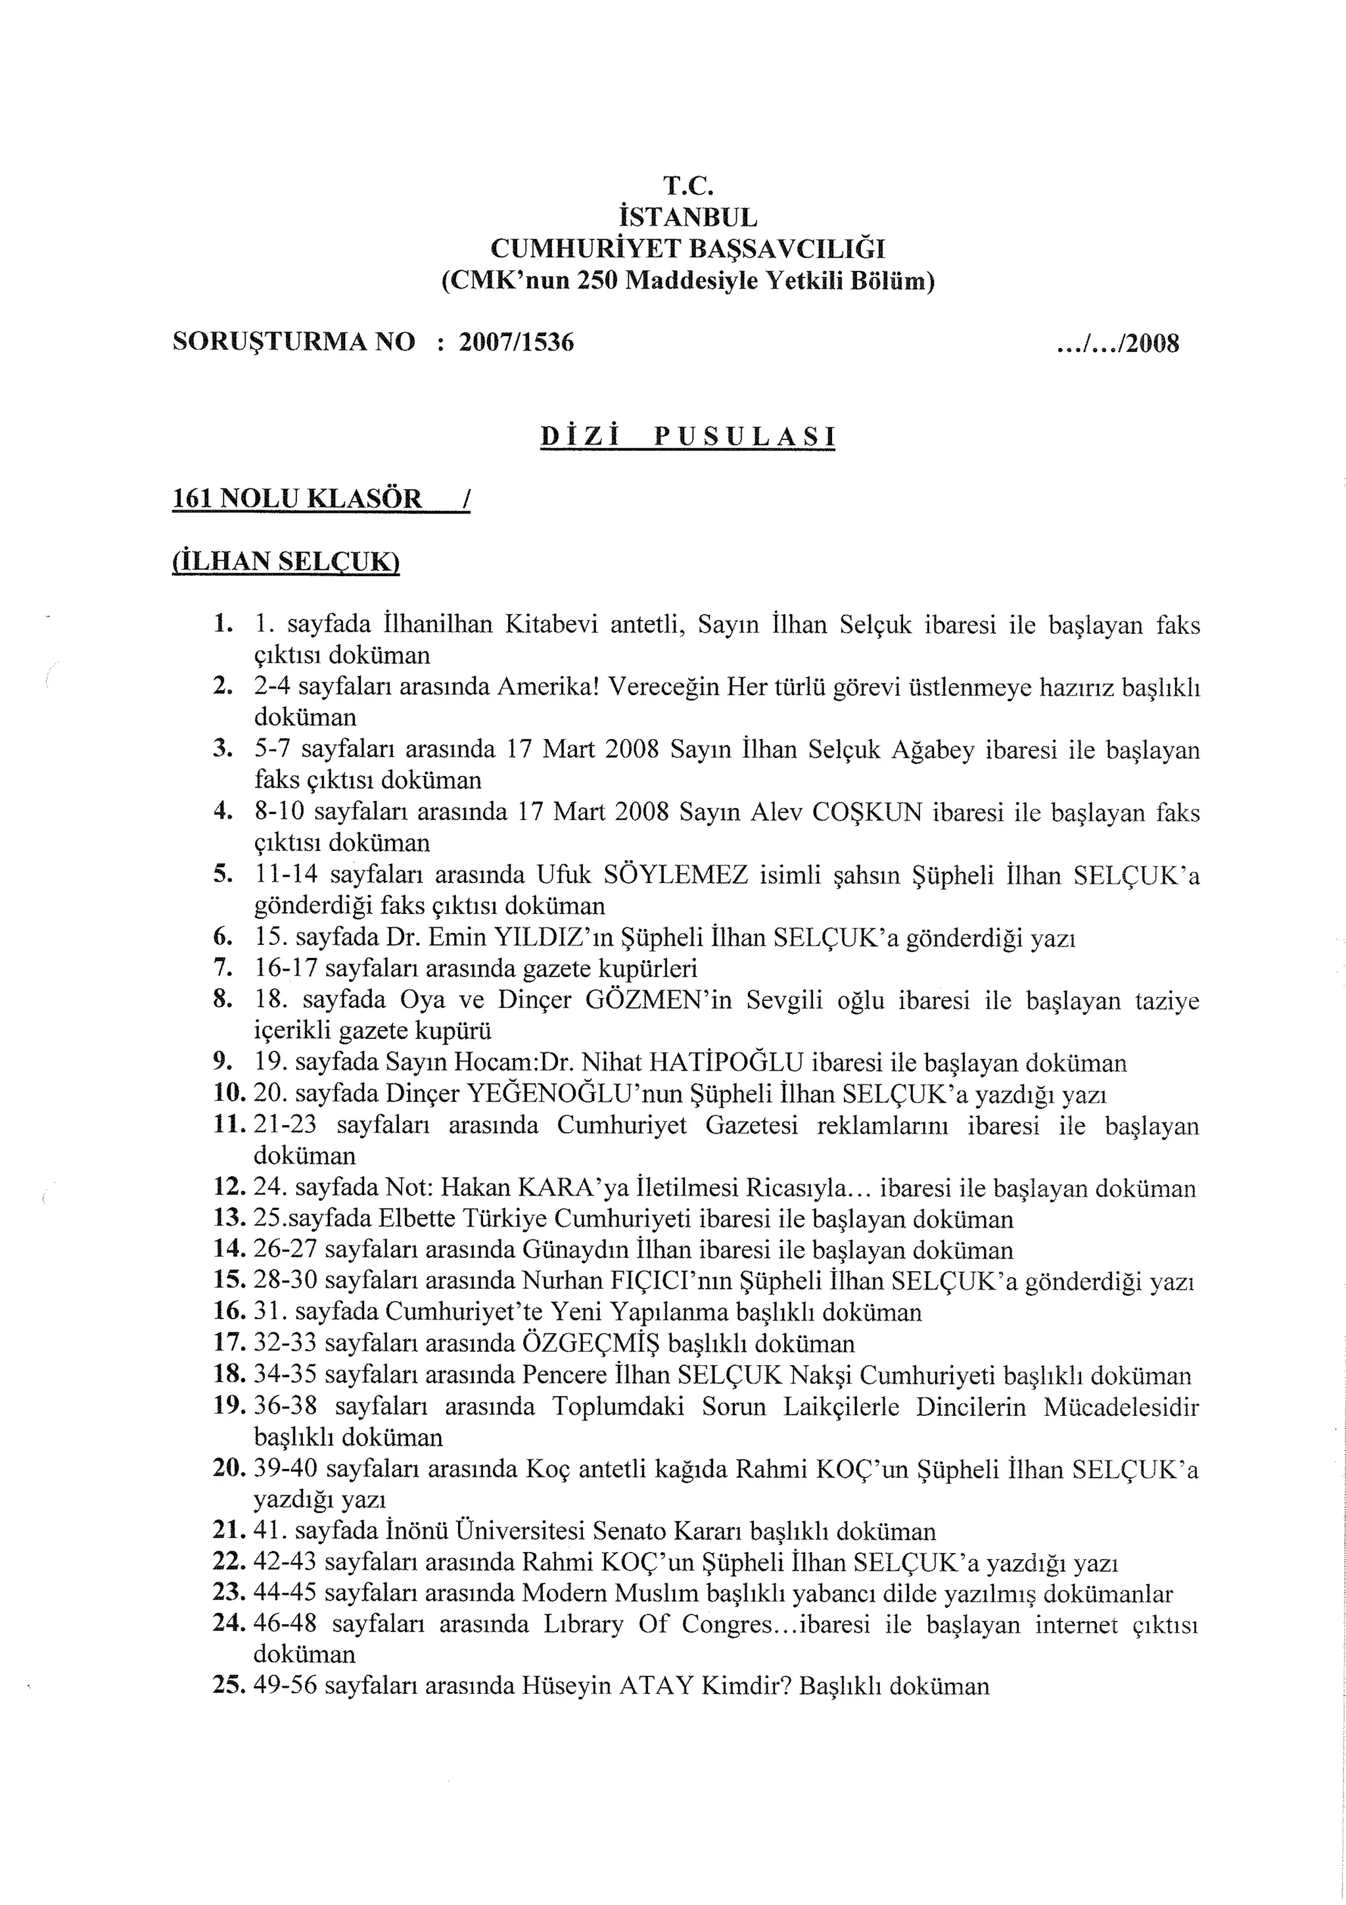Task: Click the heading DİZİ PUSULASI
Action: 687,437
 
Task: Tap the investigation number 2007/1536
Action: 516,342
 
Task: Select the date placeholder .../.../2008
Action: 1118,343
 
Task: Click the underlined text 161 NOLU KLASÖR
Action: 297,498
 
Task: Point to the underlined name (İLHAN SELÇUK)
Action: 286,562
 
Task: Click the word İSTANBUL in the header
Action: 687,218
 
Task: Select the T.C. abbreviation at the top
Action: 687,185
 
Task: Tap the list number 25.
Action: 229,1686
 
